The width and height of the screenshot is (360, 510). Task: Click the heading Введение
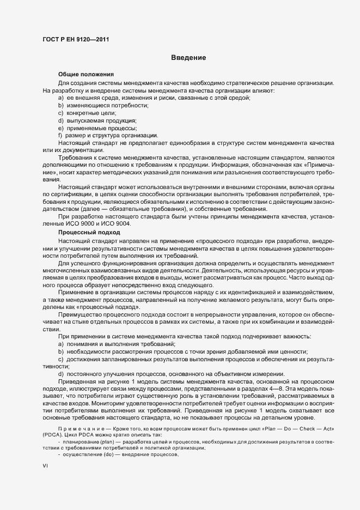188,58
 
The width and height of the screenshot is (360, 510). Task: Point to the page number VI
46,466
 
